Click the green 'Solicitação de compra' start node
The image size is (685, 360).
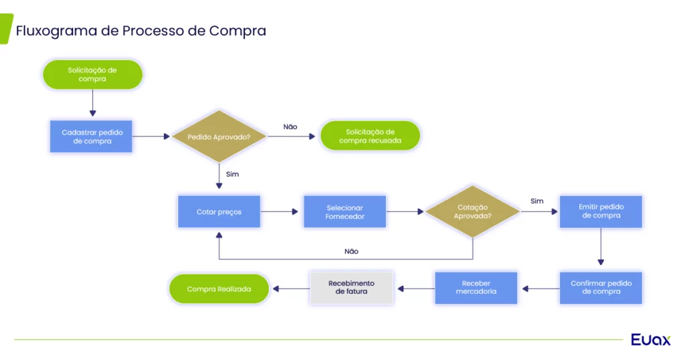tap(92, 75)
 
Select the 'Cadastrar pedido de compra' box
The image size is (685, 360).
tap(91, 137)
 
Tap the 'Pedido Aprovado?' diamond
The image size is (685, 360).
tap(219, 137)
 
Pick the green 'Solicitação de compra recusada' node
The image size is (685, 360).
tap(370, 136)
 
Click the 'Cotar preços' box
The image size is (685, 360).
tap(219, 212)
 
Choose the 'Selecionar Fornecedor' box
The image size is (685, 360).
tap(345, 212)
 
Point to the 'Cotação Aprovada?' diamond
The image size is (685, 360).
tap(473, 212)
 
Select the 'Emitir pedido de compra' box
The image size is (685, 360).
tap(601, 212)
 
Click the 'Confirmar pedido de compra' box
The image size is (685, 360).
tap(601, 288)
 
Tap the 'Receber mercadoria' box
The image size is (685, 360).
tap(476, 288)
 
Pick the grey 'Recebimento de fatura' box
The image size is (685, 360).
tap(351, 288)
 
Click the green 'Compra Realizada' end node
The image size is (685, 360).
tap(219, 289)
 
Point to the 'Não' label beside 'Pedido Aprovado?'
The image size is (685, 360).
tap(290, 126)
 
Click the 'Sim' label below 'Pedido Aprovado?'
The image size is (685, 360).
tap(232, 175)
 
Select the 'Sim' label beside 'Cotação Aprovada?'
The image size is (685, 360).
tap(537, 201)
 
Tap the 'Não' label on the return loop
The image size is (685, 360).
tap(351, 251)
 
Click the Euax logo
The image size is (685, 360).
tap(650, 339)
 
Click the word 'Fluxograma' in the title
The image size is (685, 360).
tap(56, 31)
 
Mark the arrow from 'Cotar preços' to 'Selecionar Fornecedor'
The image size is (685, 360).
tap(280, 212)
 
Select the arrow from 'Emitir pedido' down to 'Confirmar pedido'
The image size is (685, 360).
tap(601, 247)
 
